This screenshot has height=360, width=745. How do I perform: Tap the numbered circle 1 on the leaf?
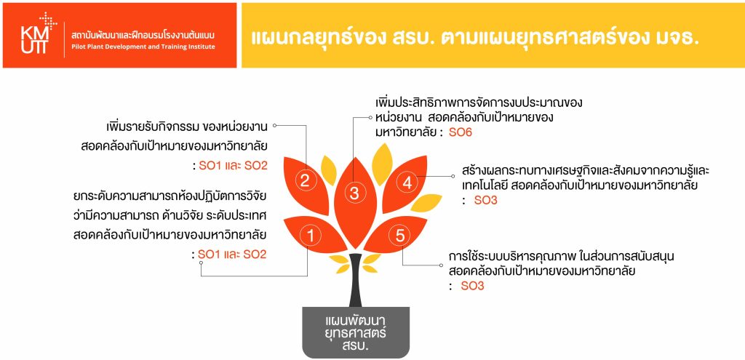(x=311, y=236)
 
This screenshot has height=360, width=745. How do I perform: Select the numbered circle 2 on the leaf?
(x=305, y=180)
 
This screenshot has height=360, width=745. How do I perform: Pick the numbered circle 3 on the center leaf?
(x=354, y=193)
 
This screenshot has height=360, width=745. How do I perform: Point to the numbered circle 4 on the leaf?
(x=407, y=183)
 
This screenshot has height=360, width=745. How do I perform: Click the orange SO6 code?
(x=461, y=133)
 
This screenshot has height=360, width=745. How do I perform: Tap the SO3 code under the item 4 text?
(x=485, y=201)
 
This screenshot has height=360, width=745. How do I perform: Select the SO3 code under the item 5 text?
(x=472, y=286)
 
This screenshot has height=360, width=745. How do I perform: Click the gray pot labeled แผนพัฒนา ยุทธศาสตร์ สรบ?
(x=356, y=332)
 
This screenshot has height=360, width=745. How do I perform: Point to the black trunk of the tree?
(x=355, y=280)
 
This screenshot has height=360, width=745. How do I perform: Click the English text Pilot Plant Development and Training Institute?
(x=143, y=47)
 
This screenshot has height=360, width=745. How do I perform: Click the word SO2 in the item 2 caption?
(x=255, y=166)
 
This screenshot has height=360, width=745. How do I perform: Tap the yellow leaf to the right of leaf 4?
(x=426, y=203)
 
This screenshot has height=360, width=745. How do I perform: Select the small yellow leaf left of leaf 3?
(x=329, y=170)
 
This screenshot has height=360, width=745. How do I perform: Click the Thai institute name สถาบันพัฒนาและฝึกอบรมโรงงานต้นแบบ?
(x=143, y=36)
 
